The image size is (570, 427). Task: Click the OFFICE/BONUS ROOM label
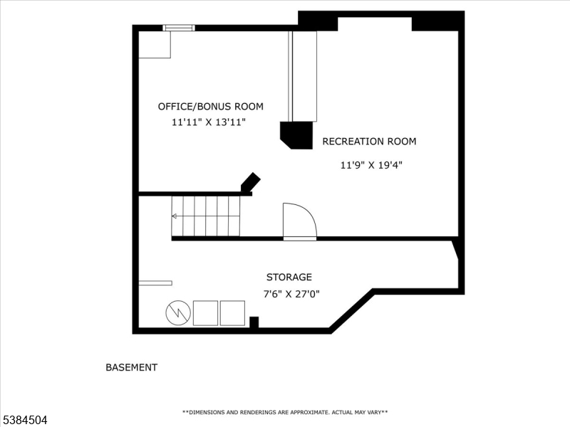[x=210, y=107]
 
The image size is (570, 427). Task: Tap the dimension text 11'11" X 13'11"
[x=209, y=122]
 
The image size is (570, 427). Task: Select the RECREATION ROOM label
[x=369, y=142]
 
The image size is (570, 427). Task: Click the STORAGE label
[x=289, y=278]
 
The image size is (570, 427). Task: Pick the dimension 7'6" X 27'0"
[x=291, y=294]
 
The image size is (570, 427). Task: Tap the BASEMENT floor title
[x=131, y=368]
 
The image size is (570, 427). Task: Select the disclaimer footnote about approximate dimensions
[x=285, y=412]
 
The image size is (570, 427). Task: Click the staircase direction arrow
[x=175, y=216]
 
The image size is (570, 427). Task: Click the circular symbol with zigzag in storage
[x=177, y=313]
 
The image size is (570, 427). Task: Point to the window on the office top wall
[x=178, y=28]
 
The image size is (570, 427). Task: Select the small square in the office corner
[x=154, y=44]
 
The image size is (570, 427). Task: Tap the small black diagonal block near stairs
[x=250, y=182]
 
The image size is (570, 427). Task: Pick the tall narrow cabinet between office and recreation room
[x=302, y=76]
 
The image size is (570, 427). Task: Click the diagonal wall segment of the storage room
[x=351, y=310]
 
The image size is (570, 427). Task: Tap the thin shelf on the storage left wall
[x=155, y=283]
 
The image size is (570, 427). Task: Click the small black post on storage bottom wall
[x=254, y=322]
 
